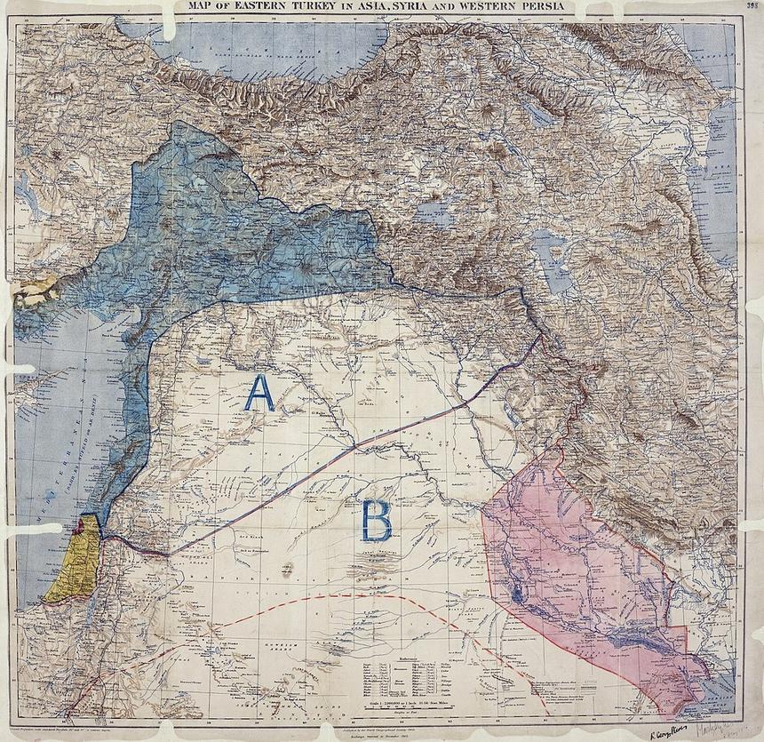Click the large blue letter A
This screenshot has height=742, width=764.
coord(259,394)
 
